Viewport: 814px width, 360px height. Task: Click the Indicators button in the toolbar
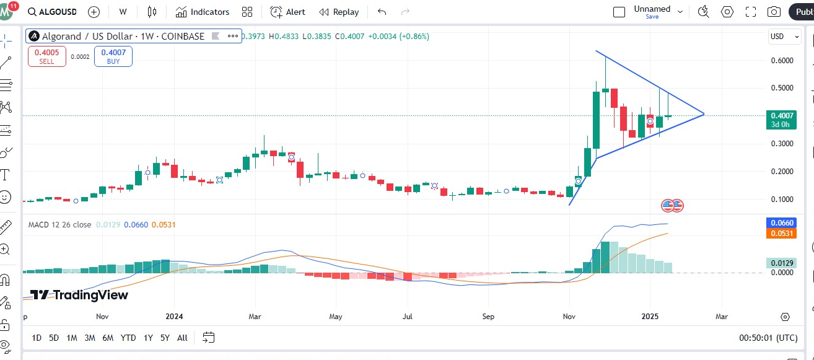(202, 12)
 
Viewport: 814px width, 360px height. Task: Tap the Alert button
(287, 12)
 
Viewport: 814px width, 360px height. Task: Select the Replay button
(339, 12)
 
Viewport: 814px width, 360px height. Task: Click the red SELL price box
(46, 56)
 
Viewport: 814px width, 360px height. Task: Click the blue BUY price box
(113, 56)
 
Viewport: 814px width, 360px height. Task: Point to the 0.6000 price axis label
(782, 61)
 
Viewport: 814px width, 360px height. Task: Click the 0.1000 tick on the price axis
(782, 200)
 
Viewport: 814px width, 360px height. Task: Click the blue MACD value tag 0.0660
(781, 223)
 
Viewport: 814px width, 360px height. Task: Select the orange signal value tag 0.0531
(781, 234)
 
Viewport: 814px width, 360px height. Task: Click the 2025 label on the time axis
(650, 317)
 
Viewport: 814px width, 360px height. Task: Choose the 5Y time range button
(165, 338)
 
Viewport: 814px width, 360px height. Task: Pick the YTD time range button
(128, 338)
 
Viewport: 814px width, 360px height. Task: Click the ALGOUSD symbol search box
(53, 12)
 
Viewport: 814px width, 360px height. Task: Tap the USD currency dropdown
(779, 37)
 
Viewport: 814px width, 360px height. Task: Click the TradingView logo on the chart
(79, 295)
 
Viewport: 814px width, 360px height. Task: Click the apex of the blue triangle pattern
(704, 114)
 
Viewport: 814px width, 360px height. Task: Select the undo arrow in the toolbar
(382, 12)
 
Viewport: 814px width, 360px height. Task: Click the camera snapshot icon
(774, 12)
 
